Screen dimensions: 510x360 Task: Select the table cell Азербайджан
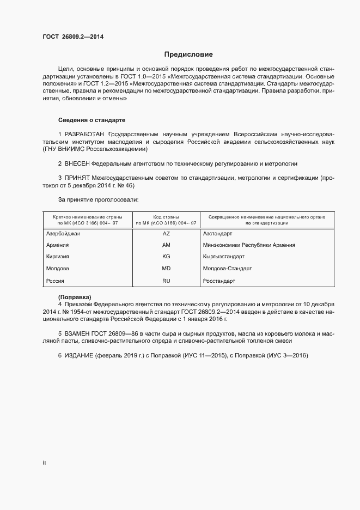point(64,233)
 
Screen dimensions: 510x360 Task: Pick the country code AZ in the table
point(166,233)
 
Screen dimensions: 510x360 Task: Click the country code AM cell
point(166,245)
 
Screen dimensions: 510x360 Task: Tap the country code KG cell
point(166,257)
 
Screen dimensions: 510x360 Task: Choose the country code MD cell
point(166,269)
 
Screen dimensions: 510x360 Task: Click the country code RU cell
point(166,281)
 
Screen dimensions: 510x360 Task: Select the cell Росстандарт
point(219,281)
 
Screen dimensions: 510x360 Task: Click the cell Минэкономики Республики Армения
point(249,245)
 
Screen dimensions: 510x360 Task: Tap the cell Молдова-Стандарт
point(225,269)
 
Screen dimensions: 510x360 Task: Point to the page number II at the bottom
point(44,463)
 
